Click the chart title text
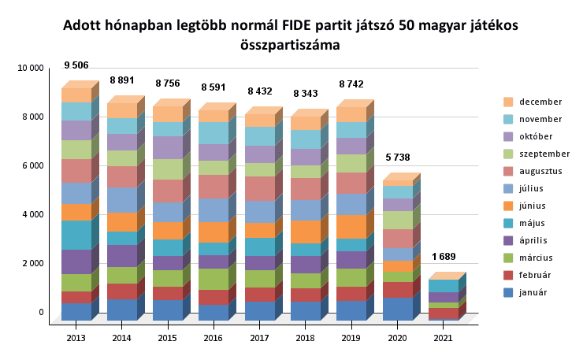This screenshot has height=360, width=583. (291, 35)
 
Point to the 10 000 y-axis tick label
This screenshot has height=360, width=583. (30, 69)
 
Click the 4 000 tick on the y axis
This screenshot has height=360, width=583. (32, 215)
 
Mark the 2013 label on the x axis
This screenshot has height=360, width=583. (76, 337)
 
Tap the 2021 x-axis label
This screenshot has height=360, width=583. (443, 337)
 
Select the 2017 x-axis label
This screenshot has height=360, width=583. (259, 337)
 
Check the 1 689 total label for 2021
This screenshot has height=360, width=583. (444, 256)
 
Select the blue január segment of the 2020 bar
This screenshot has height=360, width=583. (397, 308)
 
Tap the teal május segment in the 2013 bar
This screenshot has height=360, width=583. (76, 235)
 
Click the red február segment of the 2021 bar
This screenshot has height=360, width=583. (443, 314)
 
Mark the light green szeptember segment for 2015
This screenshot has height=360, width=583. (168, 169)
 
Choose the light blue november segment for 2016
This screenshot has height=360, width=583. (214, 133)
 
